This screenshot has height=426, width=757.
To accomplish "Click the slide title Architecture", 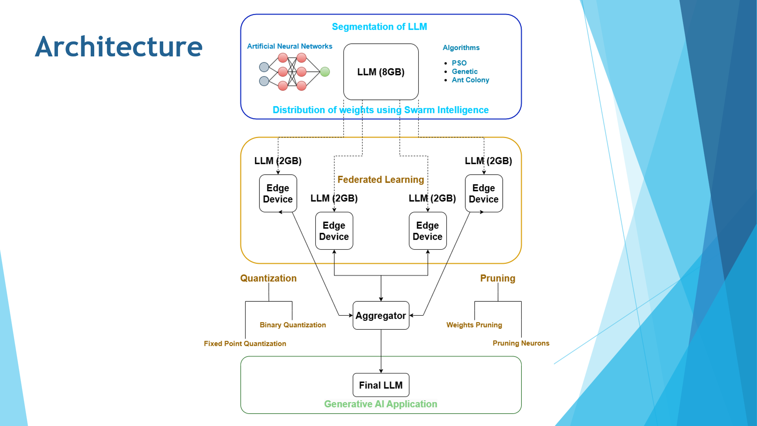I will pos(119,47).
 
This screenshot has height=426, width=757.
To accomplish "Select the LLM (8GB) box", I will pos(381,72).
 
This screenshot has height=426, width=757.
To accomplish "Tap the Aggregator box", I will pos(381,316).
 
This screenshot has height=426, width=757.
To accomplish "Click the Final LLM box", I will pos(381,385).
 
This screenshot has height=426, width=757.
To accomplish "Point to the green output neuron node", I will pos(325,72).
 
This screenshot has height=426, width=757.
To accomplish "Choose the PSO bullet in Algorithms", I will pos(459,63).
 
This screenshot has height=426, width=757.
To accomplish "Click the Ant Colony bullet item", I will pos(470,80).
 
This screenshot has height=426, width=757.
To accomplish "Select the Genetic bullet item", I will pos(464,71).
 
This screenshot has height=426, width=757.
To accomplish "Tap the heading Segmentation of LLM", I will pos(379,27).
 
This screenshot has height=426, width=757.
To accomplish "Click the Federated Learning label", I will pos(381,180).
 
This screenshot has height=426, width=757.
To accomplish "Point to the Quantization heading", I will pos(268,278).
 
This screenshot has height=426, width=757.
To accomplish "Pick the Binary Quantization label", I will pos(293,325).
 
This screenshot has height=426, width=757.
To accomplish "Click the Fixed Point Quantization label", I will pos(245,344).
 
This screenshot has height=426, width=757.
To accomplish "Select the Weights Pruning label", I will pos(474,325).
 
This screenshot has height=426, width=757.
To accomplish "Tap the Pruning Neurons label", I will pos(521,343).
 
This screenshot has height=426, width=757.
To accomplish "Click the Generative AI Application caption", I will pos(380,404).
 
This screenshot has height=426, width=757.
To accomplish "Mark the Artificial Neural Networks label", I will pos(289,47).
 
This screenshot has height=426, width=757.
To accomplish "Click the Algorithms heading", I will pos(461,48).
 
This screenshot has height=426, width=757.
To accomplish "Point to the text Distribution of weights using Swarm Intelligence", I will pos(380,110).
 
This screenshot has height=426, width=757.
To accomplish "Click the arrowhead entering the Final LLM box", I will pos(381,371).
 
